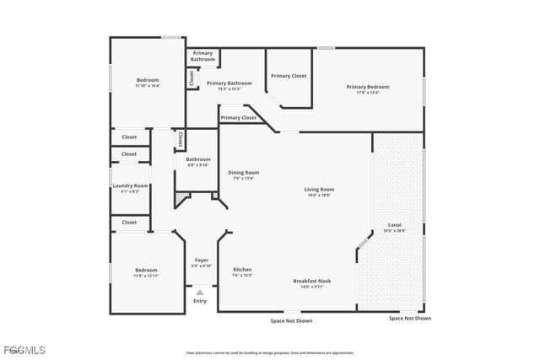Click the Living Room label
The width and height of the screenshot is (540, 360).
(x=319, y=190)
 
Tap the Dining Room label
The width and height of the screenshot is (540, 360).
(x=243, y=173)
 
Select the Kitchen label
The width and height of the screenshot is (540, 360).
(x=242, y=270)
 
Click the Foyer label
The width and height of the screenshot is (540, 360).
(x=201, y=261)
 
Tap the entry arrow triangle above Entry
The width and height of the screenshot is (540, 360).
(x=200, y=292)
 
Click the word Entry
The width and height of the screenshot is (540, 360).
(x=200, y=301)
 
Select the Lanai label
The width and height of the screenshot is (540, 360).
(x=394, y=225)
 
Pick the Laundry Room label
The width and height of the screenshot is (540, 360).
(x=130, y=185)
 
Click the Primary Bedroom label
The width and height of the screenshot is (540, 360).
(x=368, y=87)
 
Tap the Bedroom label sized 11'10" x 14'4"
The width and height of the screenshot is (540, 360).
(x=147, y=80)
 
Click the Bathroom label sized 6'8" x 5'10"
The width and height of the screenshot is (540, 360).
(x=198, y=159)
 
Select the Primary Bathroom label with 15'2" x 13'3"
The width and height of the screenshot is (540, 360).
(x=229, y=83)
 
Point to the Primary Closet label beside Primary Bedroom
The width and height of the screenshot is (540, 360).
(x=289, y=76)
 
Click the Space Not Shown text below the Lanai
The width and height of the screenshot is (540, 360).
(x=409, y=319)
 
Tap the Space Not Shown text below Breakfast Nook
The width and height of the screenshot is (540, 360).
(x=291, y=320)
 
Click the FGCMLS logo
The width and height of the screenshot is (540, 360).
(x=24, y=350)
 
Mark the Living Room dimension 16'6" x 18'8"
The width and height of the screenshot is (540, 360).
(x=319, y=195)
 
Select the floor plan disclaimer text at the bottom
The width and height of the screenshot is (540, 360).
(x=270, y=352)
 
